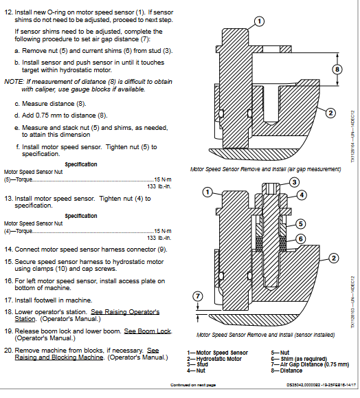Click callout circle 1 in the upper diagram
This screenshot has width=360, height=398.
tap(258, 21)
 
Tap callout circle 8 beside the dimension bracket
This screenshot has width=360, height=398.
tap(336, 69)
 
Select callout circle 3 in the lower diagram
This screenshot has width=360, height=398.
tap(293, 182)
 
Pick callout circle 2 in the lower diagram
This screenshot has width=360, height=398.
tap(332, 258)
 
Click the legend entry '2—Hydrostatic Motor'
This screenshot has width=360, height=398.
tap(213, 357)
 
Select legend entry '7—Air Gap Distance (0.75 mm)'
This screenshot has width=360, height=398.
tap(300, 362)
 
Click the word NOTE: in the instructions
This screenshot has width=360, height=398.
tap(14, 81)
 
